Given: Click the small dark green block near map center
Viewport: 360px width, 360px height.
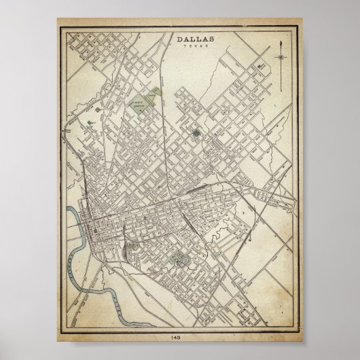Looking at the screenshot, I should click(196, 133).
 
